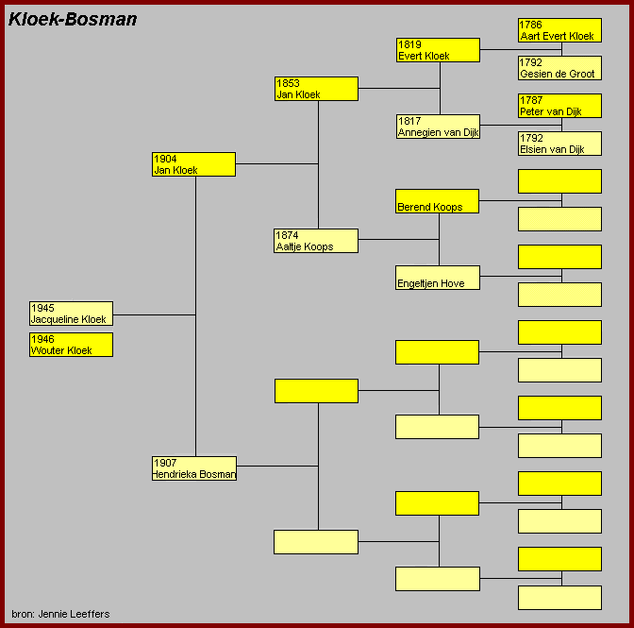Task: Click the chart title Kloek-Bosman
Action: [x=73, y=19]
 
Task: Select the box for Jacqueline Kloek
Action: [x=71, y=314]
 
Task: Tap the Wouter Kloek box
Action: [x=71, y=345]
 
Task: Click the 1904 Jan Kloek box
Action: [x=193, y=164]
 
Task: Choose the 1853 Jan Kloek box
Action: [x=316, y=89]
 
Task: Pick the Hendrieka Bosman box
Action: [x=193, y=468]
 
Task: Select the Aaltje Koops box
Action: [x=316, y=241]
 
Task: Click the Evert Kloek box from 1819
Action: [x=438, y=50]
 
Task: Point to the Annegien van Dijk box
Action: [x=438, y=127]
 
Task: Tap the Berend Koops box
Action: [x=437, y=201]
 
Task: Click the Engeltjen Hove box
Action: [x=437, y=278]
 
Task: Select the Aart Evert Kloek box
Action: [x=559, y=30]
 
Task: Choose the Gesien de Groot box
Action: [x=559, y=68]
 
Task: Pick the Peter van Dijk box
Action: [x=559, y=106]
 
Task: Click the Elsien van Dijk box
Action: [x=559, y=144]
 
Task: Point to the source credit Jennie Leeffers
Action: [x=60, y=614]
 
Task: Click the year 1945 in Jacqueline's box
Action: [x=42, y=308]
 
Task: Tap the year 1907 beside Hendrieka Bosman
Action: [x=165, y=463]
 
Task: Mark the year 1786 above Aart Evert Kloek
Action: [x=531, y=25]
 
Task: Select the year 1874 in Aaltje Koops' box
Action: [x=288, y=235]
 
